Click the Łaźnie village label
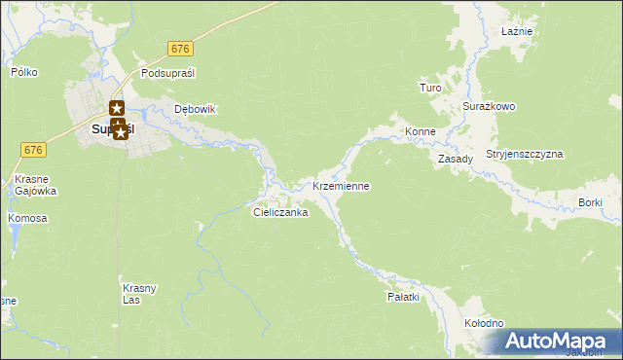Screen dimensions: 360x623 coord(516,32)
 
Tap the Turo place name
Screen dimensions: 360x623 coord(430,89)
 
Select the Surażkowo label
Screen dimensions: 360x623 coord(489,106)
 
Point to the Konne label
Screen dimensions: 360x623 coord(420,131)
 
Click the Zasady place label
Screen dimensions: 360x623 coord(455,159)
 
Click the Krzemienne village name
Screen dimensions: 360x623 coord(341,185)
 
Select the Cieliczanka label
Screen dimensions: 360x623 coord(280,211)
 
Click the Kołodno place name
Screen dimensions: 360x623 coord(483,323)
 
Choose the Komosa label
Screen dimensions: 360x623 coord(27,218)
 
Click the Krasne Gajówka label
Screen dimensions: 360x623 coord(35,186)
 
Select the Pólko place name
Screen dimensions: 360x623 coord(23,72)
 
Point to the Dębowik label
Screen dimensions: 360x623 coord(194,109)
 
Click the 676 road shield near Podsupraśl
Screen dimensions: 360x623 coord(179,49)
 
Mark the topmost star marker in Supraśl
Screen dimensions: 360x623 coord(118,109)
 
